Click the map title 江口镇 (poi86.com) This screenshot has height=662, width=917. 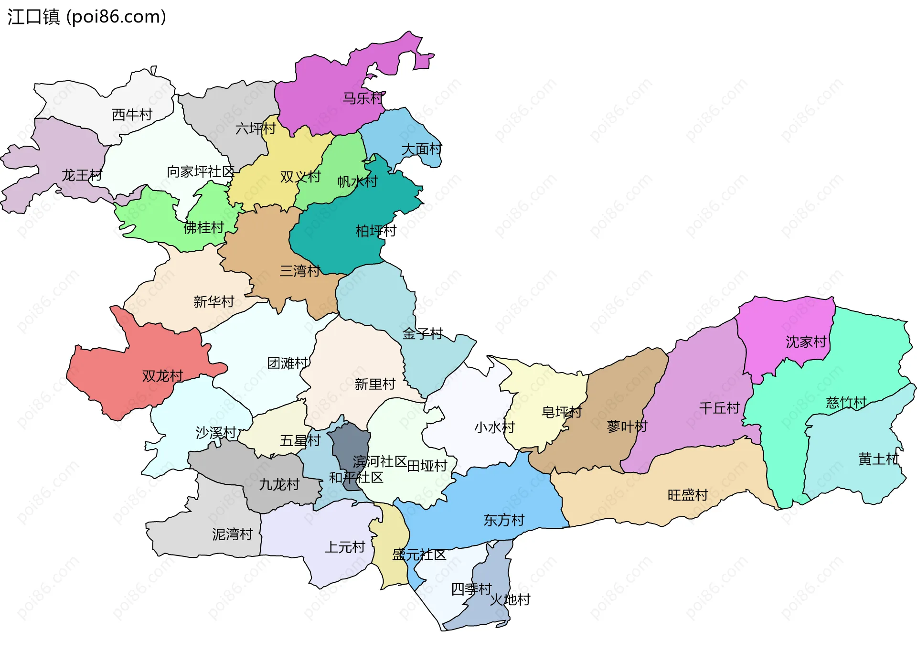pyautogui.click(x=86, y=17)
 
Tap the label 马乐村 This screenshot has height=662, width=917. pyautogui.click(x=363, y=98)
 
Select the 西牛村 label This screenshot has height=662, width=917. pyautogui.click(x=132, y=115)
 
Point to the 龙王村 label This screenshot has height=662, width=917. pyautogui.click(x=82, y=175)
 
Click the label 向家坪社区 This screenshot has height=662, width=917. pyautogui.click(x=201, y=171)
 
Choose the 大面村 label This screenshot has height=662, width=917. pyautogui.click(x=422, y=149)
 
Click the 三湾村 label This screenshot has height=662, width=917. pyautogui.click(x=299, y=271)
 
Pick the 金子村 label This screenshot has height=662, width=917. pyautogui.click(x=423, y=334)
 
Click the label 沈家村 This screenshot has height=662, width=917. pyautogui.click(x=806, y=342)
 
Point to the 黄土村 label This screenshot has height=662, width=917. pyautogui.click(x=878, y=459)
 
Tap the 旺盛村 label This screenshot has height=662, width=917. pyautogui.click(x=688, y=495)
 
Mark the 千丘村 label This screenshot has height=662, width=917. pyautogui.click(x=719, y=408)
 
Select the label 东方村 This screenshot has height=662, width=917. pyautogui.click(x=504, y=520)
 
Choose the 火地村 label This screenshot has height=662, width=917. pyautogui.click(x=510, y=599)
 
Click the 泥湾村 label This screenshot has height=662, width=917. pyautogui.click(x=232, y=534)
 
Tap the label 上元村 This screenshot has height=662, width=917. pyautogui.click(x=345, y=547)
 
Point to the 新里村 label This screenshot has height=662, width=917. pyautogui.click(x=375, y=384)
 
